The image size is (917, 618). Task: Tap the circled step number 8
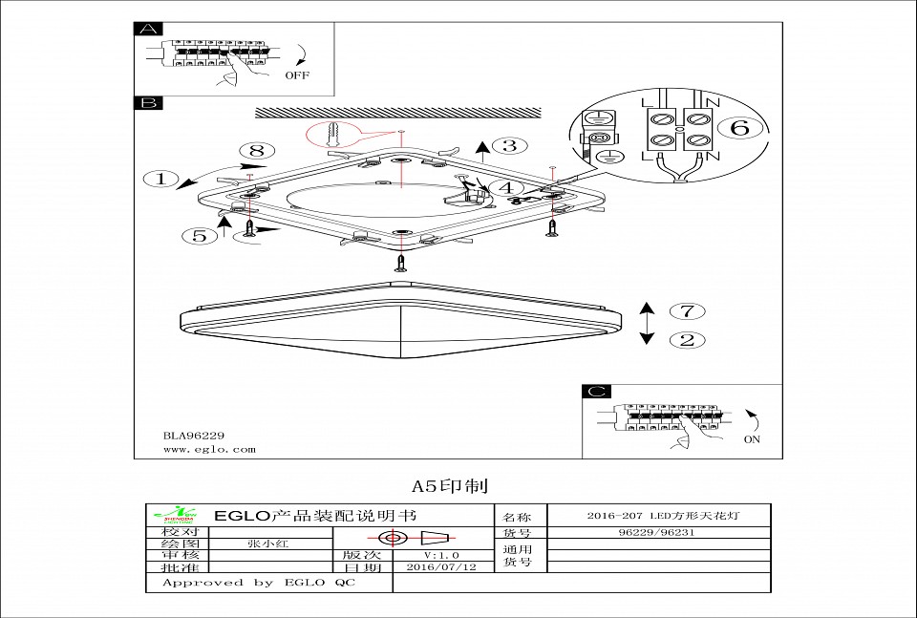[255, 150]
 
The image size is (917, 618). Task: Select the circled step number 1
[160, 178]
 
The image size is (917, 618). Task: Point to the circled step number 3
[510, 145]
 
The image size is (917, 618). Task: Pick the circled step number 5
[200, 235]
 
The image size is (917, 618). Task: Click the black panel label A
[149, 29]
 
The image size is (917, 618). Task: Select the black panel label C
[596, 392]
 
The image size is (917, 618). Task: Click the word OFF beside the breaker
[297, 75]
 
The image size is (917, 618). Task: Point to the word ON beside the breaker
[752, 440]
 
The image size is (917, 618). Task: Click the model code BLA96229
[193, 435]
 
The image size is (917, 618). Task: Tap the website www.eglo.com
[203, 449]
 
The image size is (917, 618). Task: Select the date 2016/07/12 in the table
[440, 566]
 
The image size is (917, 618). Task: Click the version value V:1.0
[441, 554]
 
